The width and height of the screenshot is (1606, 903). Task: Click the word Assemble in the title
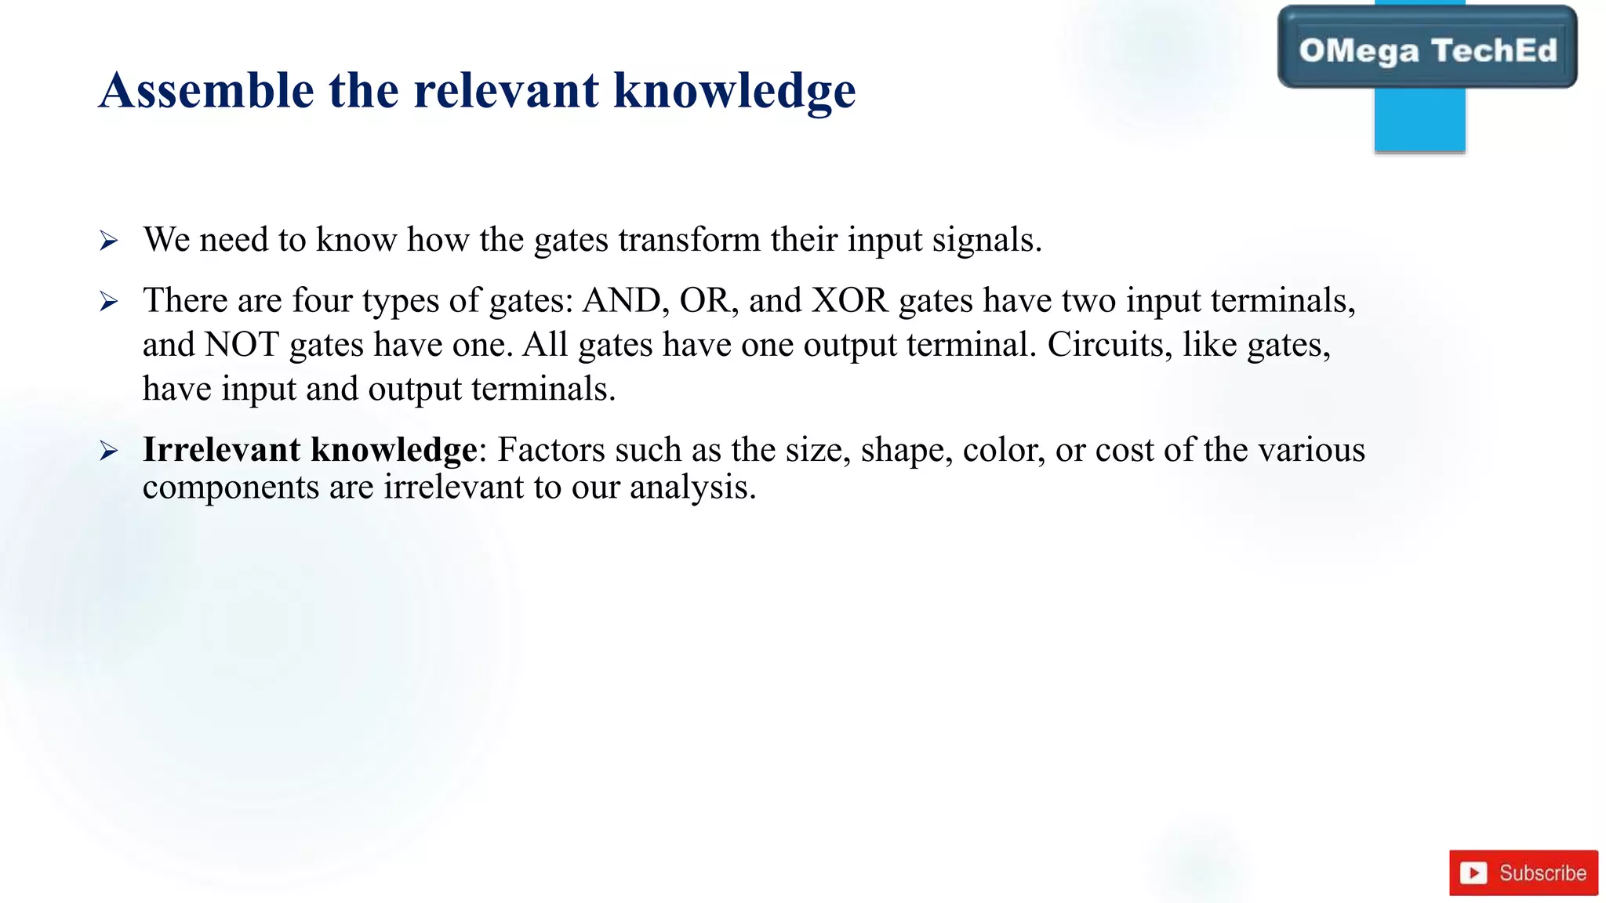[x=206, y=90]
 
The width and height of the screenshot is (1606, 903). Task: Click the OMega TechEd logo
[x=1426, y=49]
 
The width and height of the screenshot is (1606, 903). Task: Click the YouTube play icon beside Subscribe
[x=1473, y=872]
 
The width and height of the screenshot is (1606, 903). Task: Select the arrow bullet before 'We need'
[x=109, y=241]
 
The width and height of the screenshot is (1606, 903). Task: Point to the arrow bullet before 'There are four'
[x=109, y=301]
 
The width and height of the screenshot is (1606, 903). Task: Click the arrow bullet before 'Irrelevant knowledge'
[x=109, y=451]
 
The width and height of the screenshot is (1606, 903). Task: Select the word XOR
[x=849, y=301]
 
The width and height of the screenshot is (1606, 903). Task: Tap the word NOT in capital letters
[x=242, y=345]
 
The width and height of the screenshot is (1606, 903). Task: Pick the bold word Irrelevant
[x=221, y=450]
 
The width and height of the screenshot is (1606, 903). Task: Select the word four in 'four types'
[x=322, y=301]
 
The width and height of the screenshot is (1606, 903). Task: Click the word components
[x=231, y=488]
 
